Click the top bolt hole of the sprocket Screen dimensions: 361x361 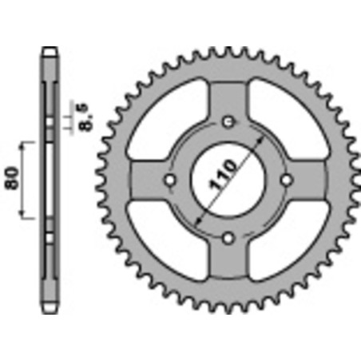point(229,121)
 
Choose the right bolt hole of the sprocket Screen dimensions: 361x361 point(288,180)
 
